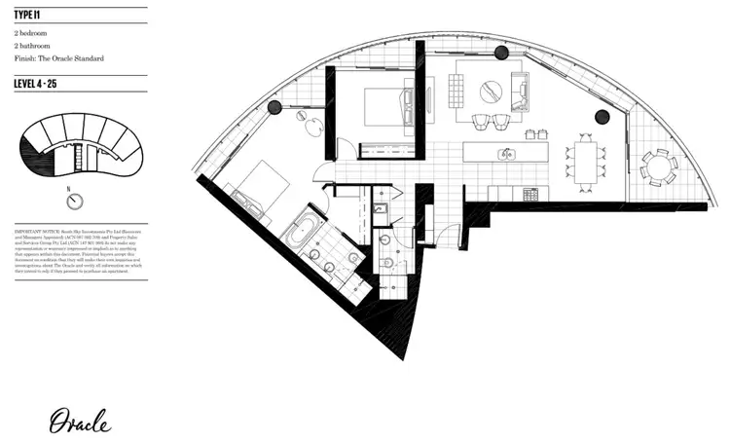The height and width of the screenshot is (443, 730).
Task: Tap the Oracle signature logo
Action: [87, 421]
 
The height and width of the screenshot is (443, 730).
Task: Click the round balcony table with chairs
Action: [659, 166]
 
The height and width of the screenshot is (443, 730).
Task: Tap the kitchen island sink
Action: [507, 153]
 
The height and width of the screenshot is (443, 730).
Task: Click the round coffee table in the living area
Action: [493, 91]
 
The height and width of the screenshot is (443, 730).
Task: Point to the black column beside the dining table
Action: [602, 117]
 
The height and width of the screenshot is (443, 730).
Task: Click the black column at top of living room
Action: [501, 52]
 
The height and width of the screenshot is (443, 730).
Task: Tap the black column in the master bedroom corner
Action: [274, 107]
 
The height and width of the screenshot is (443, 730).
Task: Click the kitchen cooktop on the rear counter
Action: [531, 194]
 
